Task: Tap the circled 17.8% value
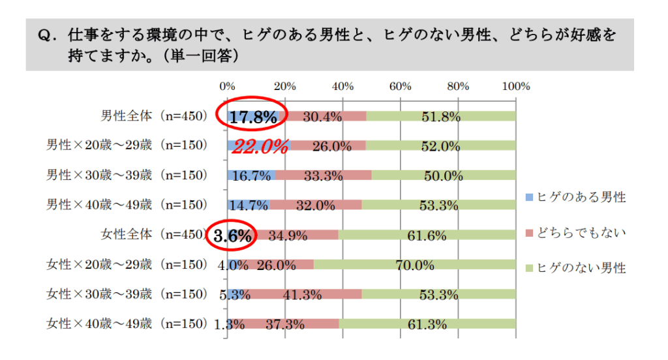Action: click(x=253, y=117)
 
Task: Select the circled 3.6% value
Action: click(x=233, y=237)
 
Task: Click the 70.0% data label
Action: click(x=415, y=265)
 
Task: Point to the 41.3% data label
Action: click(x=302, y=295)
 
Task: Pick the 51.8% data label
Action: click(x=441, y=117)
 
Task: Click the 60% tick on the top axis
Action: click(x=400, y=86)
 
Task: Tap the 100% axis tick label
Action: click(x=517, y=86)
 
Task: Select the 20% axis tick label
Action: click(x=285, y=86)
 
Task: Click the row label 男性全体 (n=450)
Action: click(x=153, y=116)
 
